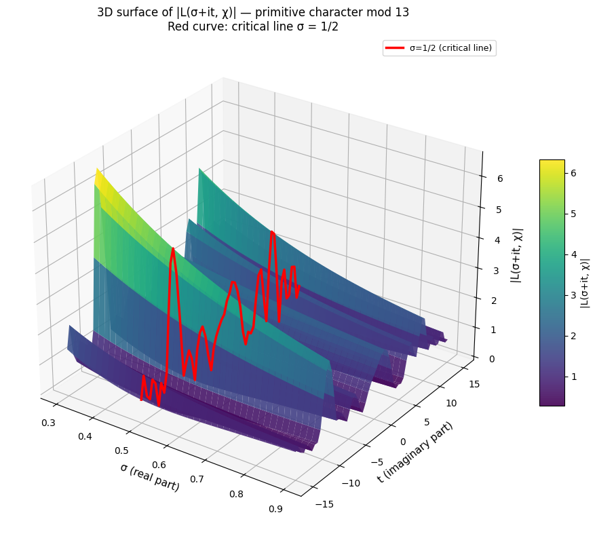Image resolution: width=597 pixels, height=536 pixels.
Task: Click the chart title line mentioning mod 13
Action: tap(252, 12)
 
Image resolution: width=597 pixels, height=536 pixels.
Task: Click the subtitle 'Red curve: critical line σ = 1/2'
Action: tap(252, 28)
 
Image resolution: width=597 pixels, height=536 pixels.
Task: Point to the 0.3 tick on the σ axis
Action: tap(49, 423)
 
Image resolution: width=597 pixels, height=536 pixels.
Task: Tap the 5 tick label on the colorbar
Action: tap(574, 214)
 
